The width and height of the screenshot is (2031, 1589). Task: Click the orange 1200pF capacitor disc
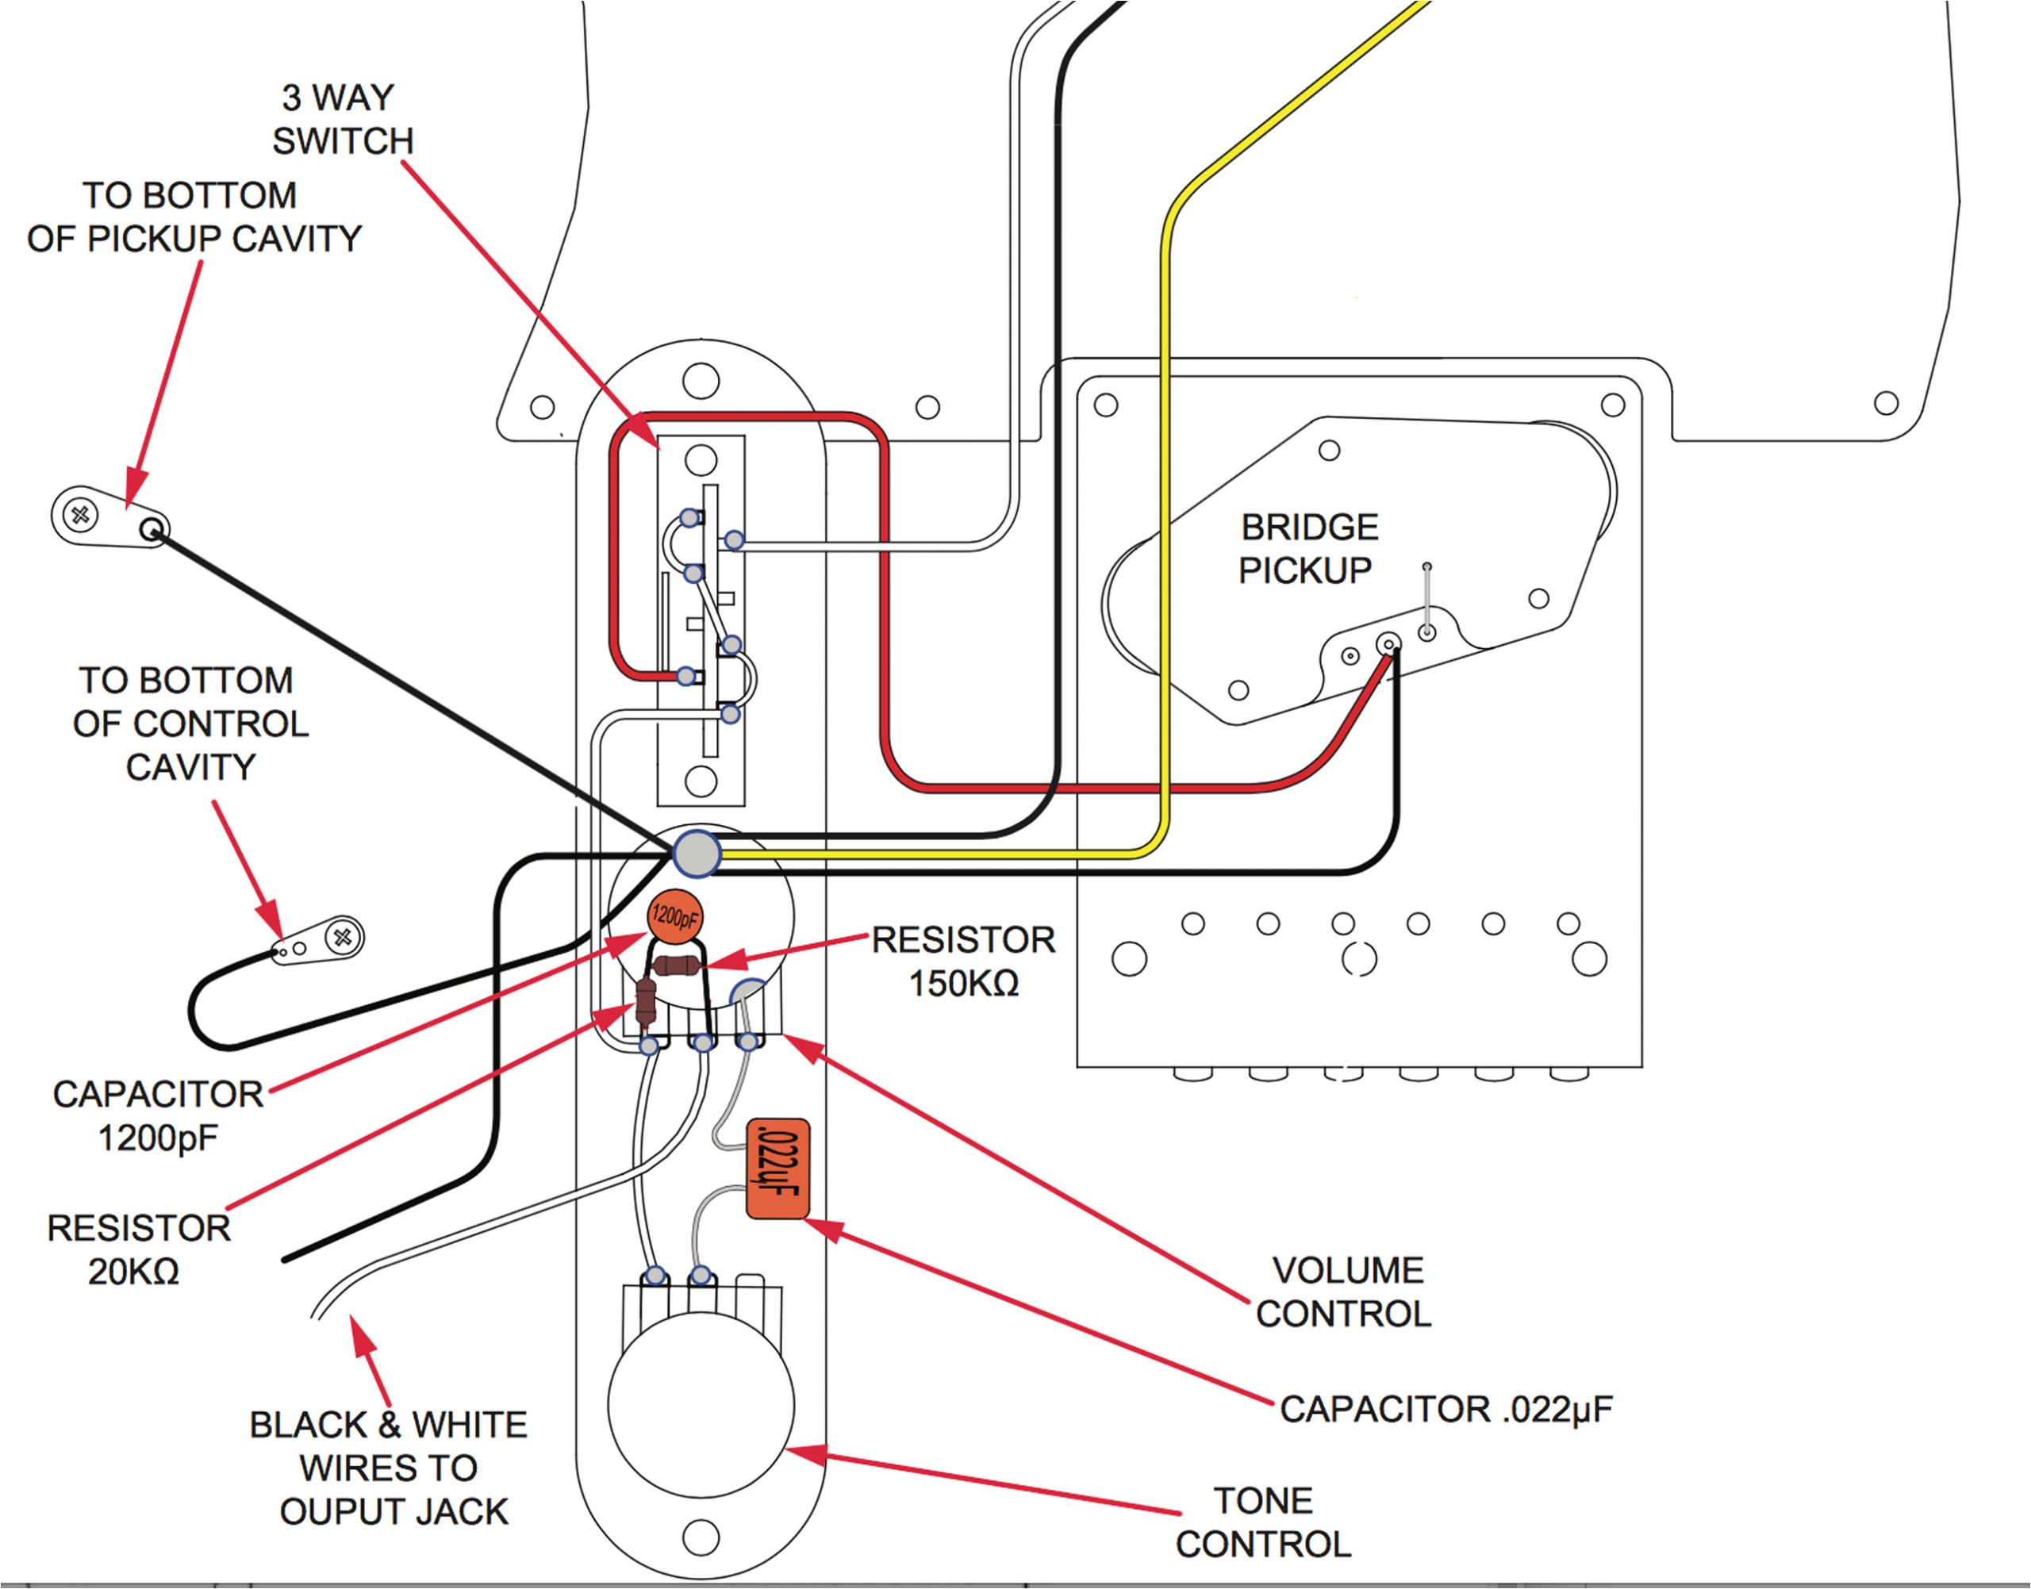pyautogui.click(x=675, y=917)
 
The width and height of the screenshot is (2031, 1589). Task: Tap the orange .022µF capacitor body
pyautogui.click(x=777, y=1169)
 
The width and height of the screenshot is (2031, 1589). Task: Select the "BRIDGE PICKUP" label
pyautogui.click(x=1307, y=549)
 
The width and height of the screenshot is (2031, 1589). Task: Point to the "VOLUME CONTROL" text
pyautogui.click(x=1345, y=1292)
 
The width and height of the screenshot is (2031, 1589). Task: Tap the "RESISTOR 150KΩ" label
pyautogui.click(x=963, y=961)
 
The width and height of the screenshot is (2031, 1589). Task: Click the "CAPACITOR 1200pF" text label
pyautogui.click(x=158, y=1115)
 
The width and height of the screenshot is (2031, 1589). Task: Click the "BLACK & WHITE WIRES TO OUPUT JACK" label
pyautogui.click(x=390, y=1468)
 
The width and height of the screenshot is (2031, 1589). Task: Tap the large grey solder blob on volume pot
pyautogui.click(x=697, y=853)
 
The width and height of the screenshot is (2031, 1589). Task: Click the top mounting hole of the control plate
pyautogui.click(x=701, y=381)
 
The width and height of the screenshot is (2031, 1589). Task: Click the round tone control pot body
pyautogui.click(x=701, y=1405)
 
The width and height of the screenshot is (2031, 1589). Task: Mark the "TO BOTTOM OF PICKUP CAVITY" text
pyautogui.click(x=194, y=217)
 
